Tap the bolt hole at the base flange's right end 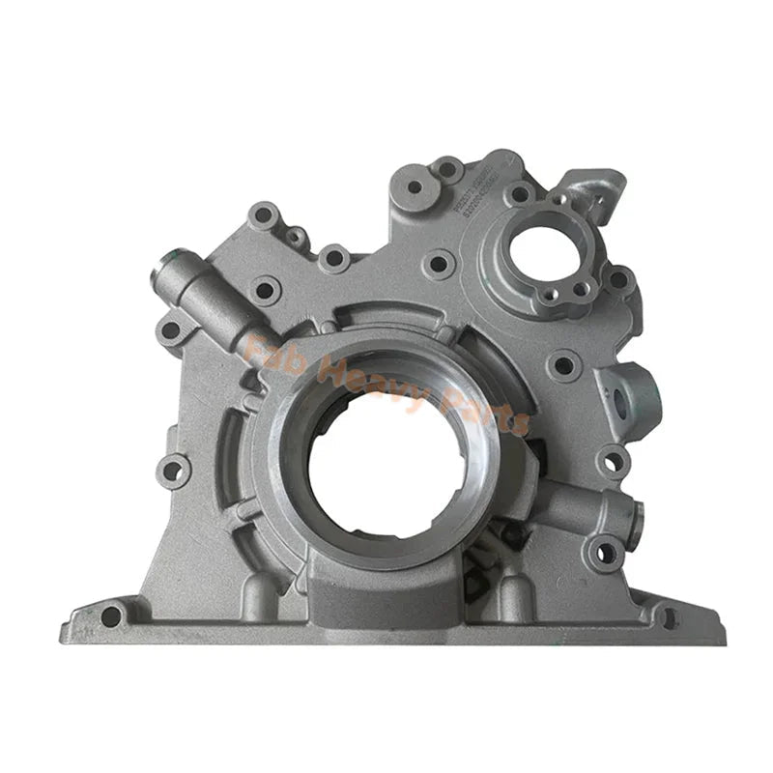669,615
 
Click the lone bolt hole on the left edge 174,470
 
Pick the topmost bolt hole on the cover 447,170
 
